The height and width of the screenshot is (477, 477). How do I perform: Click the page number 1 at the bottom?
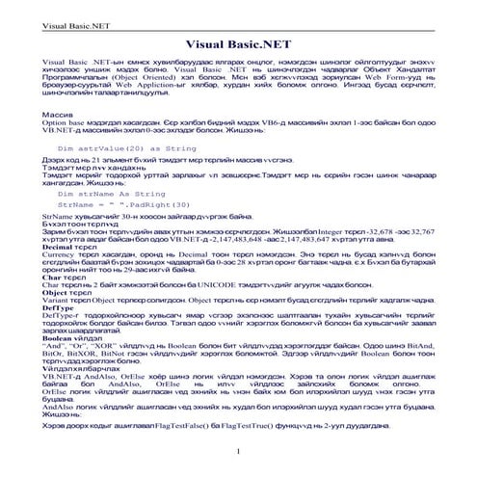coord(238,451)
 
